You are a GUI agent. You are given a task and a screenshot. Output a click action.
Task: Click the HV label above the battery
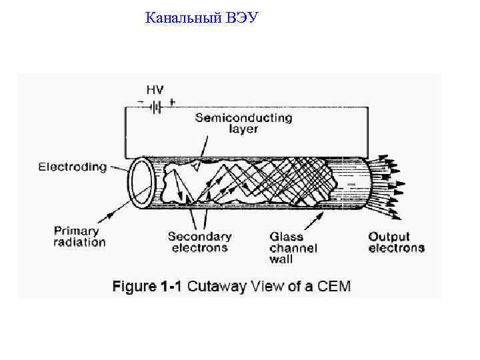[x=155, y=90]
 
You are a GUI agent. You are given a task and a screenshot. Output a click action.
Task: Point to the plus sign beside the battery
[x=173, y=103]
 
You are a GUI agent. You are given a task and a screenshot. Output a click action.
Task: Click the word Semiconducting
[x=243, y=118]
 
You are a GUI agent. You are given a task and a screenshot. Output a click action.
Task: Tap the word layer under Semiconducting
[x=243, y=129]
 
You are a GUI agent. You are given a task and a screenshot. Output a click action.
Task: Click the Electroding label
[x=73, y=167]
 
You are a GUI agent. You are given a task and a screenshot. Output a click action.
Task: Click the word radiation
[x=79, y=242]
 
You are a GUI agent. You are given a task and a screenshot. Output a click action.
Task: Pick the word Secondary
[x=199, y=237]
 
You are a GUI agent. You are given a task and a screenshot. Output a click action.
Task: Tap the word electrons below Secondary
[x=199, y=248]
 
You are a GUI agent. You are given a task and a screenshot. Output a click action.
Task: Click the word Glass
[x=286, y=237]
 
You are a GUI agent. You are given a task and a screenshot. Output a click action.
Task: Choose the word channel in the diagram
[x=293, y=248]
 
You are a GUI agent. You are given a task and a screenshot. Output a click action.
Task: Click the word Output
[x=389, y=237]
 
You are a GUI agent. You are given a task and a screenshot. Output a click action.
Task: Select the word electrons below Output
[x=396, y=248]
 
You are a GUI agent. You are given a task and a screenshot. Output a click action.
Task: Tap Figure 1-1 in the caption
[x=147, y=287]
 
